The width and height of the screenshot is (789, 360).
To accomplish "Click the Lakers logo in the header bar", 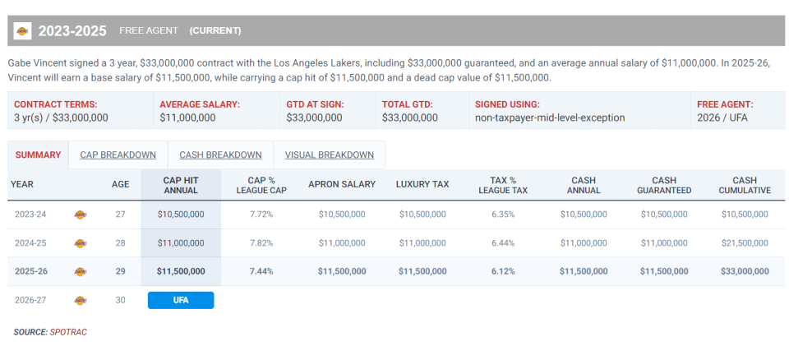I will pyautogui.click(x=22, y=31).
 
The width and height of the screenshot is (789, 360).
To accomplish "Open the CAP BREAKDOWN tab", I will pyautogui.click(x=118, y=155).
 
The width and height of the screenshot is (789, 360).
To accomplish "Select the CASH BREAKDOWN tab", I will pyautogui.click(x=220, y=155).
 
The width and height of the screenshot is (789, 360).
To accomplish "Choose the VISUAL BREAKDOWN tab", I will pyautogui.click(x=329, y=155).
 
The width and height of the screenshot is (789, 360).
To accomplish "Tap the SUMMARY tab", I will pyautogui.click(x=38, y=155).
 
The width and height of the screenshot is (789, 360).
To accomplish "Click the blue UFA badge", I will pyautogui.click(x=181, y=300).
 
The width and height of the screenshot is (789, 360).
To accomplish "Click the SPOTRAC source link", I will pyautogui.click(x=68, y=332).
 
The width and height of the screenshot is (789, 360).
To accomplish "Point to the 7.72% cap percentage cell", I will pyautogui.click(x=261, y=215).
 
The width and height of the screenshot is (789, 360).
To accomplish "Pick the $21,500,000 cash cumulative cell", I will pyautogui.click(x=745, y=243).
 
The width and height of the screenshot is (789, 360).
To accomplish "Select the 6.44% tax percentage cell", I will pyautogui.click(x=502, y=243).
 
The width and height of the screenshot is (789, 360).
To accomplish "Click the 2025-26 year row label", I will pyautogui.click(x=32, y=271).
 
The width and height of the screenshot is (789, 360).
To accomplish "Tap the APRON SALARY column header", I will pyautogui.click(x=342, y=184).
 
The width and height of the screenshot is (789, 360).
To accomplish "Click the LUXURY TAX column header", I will pyautogui.click(x=422, y=184).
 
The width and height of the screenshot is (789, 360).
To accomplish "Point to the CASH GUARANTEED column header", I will pyautogui.click(x=664, y=185).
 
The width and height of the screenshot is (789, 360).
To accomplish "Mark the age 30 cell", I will pyautogui.click(x=120, y=300).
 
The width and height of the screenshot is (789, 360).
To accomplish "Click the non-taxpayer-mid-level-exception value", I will pyautogui.click(x=550, y=118).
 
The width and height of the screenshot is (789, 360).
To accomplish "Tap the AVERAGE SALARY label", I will pyautogui.click(x=200, y=104).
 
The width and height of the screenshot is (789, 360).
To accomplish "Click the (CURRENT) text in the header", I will pyautogui.click(x=215, y=31).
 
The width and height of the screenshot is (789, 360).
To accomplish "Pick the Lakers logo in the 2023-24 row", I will pyautogui.click(x=81, y=215).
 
